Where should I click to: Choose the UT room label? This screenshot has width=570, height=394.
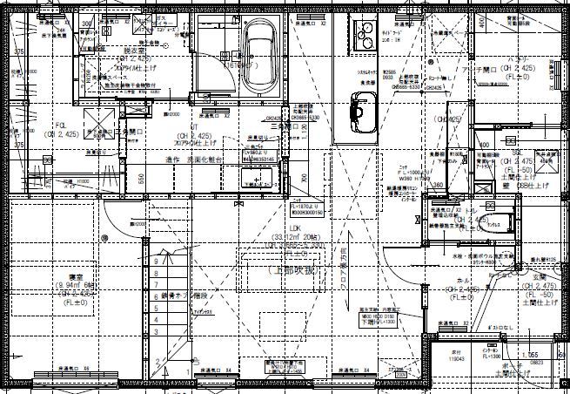[180, 127]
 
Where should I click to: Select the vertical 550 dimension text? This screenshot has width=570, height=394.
[141, 179]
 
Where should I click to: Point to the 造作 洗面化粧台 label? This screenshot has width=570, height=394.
[195, 160]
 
